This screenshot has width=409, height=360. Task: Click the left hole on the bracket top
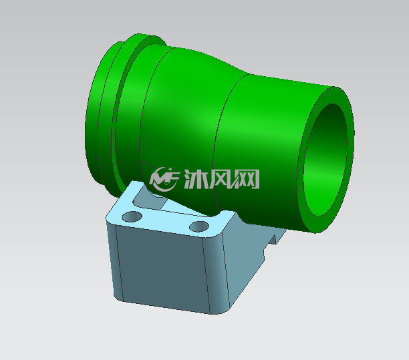click(x=132, y=216)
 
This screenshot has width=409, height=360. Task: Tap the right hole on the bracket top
click(x=199, y=226)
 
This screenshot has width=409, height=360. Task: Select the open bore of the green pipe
click(x=325, y=160)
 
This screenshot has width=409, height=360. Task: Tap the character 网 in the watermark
click(x=247, y=179)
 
